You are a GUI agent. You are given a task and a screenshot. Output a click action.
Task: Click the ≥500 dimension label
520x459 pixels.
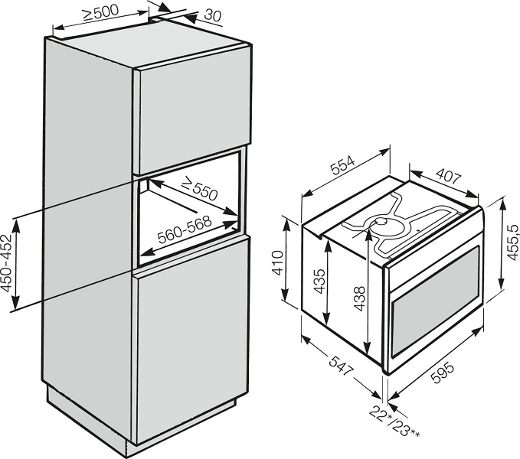coord(100,13)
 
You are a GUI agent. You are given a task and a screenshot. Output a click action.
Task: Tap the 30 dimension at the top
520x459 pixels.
coord(212,15)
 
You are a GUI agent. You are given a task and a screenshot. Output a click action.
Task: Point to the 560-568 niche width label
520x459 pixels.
coord(184,229)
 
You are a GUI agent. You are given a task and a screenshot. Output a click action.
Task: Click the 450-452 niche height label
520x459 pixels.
coord(7,263)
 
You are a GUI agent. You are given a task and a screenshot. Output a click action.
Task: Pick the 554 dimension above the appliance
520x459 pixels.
coord(343,164)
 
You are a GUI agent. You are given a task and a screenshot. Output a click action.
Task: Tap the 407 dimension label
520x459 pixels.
coord(449,176)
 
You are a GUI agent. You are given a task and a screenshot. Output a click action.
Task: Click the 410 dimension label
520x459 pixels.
coord(277,263)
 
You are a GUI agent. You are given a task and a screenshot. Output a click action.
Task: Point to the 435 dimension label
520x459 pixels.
coord(319,282)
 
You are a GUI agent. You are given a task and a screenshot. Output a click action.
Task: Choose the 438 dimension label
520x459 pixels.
coord(359,298)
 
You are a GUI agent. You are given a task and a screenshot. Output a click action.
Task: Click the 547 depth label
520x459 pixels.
coord(340,365)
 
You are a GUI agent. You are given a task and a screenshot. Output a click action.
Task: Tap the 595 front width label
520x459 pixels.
coord(443,373)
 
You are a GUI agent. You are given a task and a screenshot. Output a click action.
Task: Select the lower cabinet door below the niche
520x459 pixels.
coord(191,340)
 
